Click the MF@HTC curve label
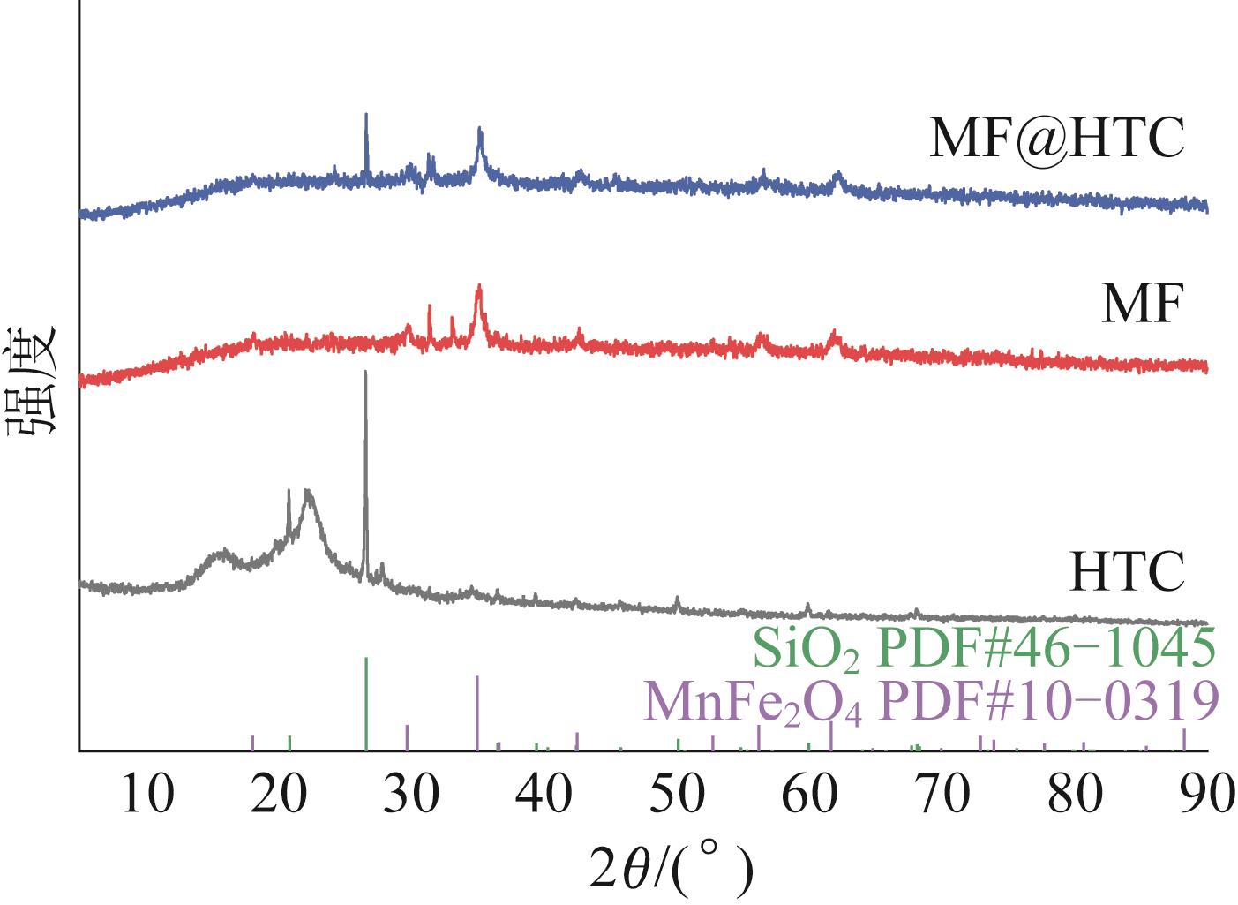1056,140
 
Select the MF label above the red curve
1142,305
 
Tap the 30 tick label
413,795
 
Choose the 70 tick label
942,795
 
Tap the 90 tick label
1205,795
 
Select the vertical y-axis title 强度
33,380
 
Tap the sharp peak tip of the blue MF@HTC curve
366,116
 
